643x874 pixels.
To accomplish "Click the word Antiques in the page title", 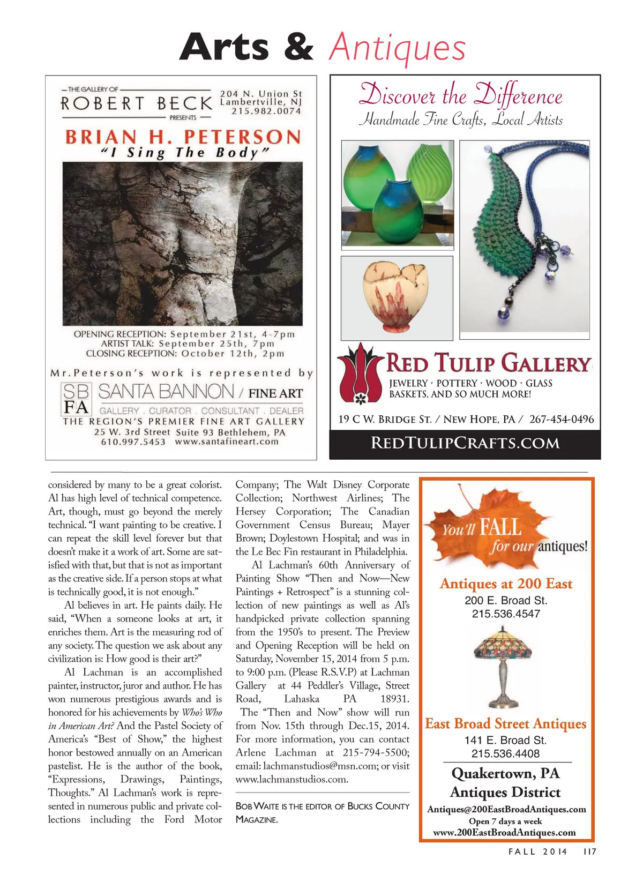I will (x=397, y=48).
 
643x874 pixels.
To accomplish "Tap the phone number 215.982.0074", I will (x=266, y=111).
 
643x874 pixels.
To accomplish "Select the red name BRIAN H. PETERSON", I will (x=183, y=137).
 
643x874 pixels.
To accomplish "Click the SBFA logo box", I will (x=77, y=399).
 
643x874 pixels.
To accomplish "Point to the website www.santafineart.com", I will (x=227, y=442).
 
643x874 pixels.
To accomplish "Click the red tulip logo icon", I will (x=360, y=373).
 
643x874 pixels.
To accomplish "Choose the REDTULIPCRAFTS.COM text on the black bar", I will (x=465, y=443).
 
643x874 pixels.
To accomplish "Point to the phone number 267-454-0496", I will (x=562, y=419).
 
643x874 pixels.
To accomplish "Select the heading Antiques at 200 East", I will (x=506, y=584).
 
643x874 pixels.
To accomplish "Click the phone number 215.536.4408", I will (x=505, y=753).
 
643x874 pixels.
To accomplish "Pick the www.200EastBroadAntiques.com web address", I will (x=504, y=832).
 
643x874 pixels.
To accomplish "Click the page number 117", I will (x=589, y=851).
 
